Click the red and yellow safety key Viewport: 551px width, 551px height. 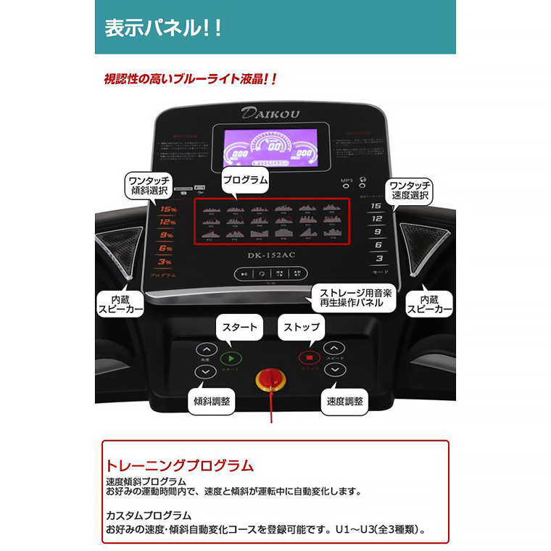pyautogui.click(x=269, y=378)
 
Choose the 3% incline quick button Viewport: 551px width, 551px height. pyautogui.click(x=166, y=261)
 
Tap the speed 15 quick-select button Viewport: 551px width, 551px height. pyautogui.click(x=376, y=206)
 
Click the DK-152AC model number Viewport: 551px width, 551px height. pyautogui.click(x=272, y=254)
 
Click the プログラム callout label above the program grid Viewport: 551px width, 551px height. pyautogui.click(x=245, y=180)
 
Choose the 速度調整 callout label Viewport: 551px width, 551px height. pyautogui.click(x=344, y=401)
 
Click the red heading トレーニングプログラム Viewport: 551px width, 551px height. pyautogui.click(x=180, y=465)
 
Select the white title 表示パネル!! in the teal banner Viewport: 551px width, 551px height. pyautogui.click(x=163, y=29)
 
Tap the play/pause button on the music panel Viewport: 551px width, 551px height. pyautogui.click(x=246, y=273)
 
